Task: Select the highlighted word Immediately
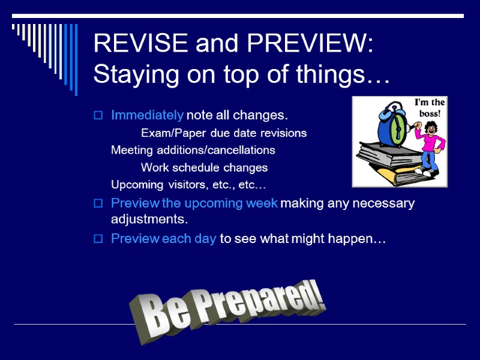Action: coord(147,115)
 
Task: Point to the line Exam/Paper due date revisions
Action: coord(224,133)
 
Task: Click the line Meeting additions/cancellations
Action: coord(193,150)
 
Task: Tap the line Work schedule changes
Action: coord(204,167)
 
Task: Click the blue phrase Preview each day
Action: coord(163,239)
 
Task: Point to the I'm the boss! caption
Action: coord(430,107)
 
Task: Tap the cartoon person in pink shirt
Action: coord(429,147)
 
